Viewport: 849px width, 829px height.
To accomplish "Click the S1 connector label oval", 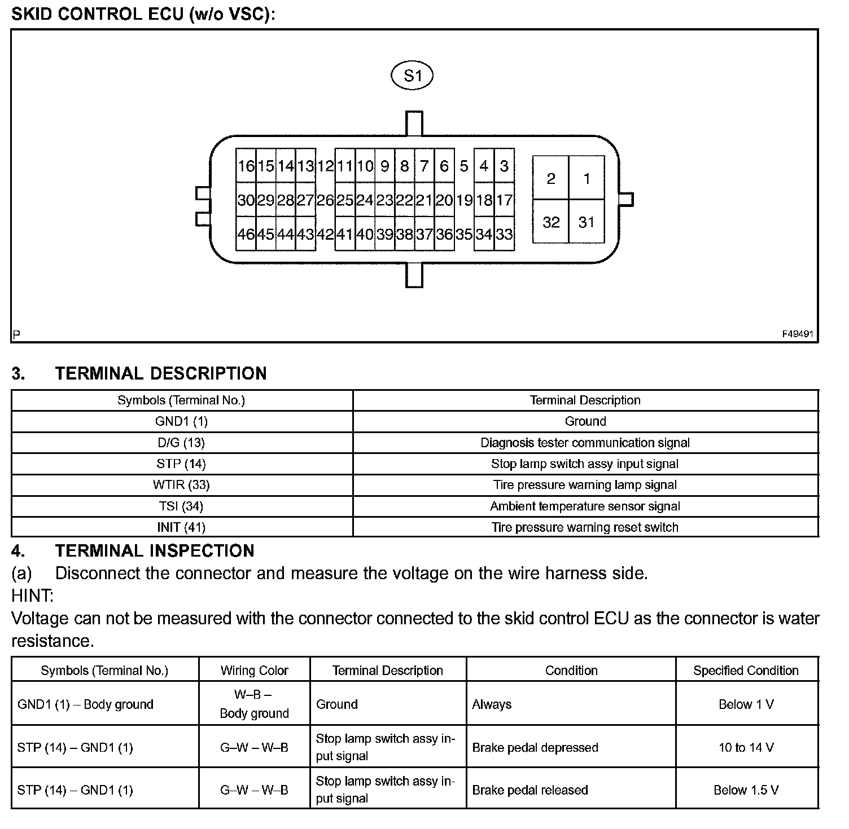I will pyautogui.click(x=412, y=76).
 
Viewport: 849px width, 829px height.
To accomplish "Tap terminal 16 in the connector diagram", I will pyautogui.click(x=246, y=166).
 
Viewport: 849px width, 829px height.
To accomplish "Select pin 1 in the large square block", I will pyautogui.click(x=587, y=179).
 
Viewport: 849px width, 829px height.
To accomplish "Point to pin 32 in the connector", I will pyautogui.click(x=551, y=222).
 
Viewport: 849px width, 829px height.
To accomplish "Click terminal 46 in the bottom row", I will pyautogui.click(x=246, y=234).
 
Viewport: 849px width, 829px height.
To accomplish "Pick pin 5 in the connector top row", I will pyautogui.click(x=464, y=166).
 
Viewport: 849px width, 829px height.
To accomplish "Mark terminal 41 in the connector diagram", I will pyautogui.click(x=344, y=234).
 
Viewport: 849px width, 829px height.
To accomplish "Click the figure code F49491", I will pyautogui.click(x=797, y=334).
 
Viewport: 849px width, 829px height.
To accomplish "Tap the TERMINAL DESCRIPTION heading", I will pyautogui.click(x=161, y=373).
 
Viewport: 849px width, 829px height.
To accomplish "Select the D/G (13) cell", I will pyautogui.click(x=181, y=443).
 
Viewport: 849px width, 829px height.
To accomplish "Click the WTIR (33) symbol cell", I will pyautogui.click(x=181, y=485).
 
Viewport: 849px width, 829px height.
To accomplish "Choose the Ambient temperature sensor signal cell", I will pyautogui.click(x=585, y=506).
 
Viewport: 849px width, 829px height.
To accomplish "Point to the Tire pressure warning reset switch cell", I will pyautogui.click(x=585, y=527).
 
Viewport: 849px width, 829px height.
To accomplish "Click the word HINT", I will pyautogui.click(x=32, y=596).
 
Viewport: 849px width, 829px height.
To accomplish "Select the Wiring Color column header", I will pyautogui.click(x=254, y=671).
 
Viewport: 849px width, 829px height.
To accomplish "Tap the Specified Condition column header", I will pyautogui.click(x=746, y=671).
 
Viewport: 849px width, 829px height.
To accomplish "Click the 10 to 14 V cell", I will pyautogui.click(x=746, y=748).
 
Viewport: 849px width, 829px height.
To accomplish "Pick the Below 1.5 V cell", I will pyautogui.click(x=746, y=790).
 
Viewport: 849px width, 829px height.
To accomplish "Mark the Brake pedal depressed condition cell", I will pyautogui.click(x=535, y=748).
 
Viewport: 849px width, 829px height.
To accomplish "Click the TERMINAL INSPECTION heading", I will pyautogui.click(x=155, y=550).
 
